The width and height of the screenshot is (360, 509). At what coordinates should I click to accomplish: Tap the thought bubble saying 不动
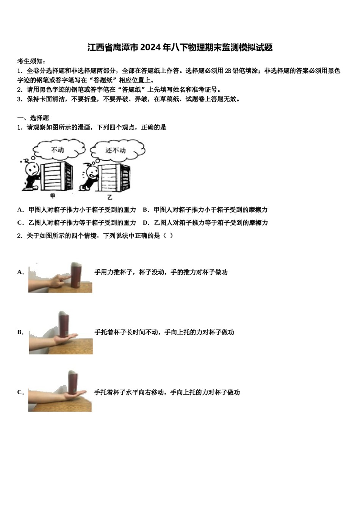pyautogui.click(x=58, y=150)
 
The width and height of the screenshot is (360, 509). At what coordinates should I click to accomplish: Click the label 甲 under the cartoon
pyautogui.click(x=53, y=196)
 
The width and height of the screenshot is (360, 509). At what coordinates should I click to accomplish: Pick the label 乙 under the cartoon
pyautogui.click(x=110, y=197)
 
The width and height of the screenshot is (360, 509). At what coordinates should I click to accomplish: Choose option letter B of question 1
pyautogui.click(x=145, y=210)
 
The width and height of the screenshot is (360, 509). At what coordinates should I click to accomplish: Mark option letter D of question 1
pyautogui.click(x=145, y=223)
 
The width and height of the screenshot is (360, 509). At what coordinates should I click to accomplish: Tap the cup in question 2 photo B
pyautogui.click(x=63, y=324)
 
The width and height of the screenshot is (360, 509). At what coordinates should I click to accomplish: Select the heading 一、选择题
pyautogui.click(x=33, y=118)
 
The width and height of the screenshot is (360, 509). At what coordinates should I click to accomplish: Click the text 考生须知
pyautogui.click(x=31, y=61)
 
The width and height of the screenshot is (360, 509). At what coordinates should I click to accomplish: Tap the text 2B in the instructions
pyautogui.click(x=228, y=71)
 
